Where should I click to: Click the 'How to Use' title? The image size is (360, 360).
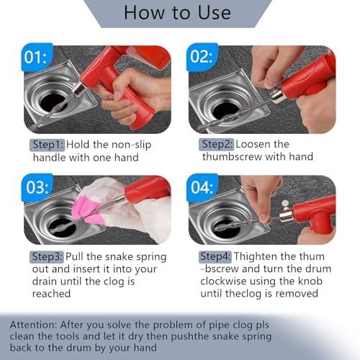177,12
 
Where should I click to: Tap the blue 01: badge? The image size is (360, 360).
37,57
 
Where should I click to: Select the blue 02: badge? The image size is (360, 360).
202,57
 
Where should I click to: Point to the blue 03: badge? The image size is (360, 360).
37,187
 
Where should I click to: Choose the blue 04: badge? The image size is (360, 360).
202,187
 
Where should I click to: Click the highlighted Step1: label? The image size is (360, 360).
48,145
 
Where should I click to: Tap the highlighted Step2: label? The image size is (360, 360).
217,145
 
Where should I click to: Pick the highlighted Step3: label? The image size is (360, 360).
47,257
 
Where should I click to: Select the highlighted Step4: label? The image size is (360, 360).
215,256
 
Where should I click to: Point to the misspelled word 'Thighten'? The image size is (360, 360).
256,256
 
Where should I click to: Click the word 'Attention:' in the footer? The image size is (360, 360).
32,325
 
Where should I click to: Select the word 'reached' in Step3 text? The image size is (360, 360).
51,294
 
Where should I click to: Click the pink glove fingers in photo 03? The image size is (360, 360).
87,210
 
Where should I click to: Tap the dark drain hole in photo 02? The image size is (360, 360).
226,110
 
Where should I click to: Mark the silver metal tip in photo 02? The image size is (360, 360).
278,96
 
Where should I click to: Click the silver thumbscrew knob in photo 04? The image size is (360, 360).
285,204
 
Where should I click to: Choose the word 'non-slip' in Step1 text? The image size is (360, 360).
132,145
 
